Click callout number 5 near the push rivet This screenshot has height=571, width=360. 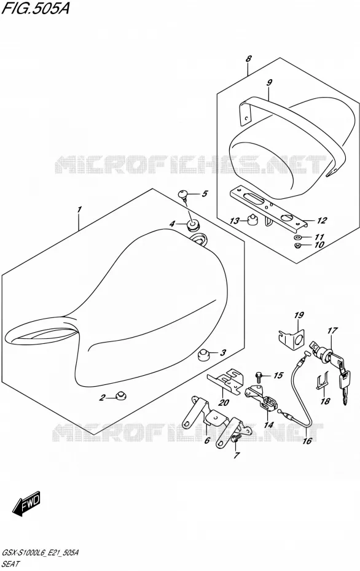click(205, 193)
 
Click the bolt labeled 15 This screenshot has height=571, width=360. click(259, 375)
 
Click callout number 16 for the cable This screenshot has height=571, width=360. click(307, 441)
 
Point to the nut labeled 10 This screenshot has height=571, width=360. click(297, 246)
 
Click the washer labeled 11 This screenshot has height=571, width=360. click(297, 238)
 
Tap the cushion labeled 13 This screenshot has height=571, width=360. click(251, 219)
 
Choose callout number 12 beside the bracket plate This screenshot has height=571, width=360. click(322, 220)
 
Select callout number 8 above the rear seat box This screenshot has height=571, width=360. click(248, 58)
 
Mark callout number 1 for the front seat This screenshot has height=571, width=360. click(79, 209)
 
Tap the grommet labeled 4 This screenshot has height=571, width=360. click(192, 225)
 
